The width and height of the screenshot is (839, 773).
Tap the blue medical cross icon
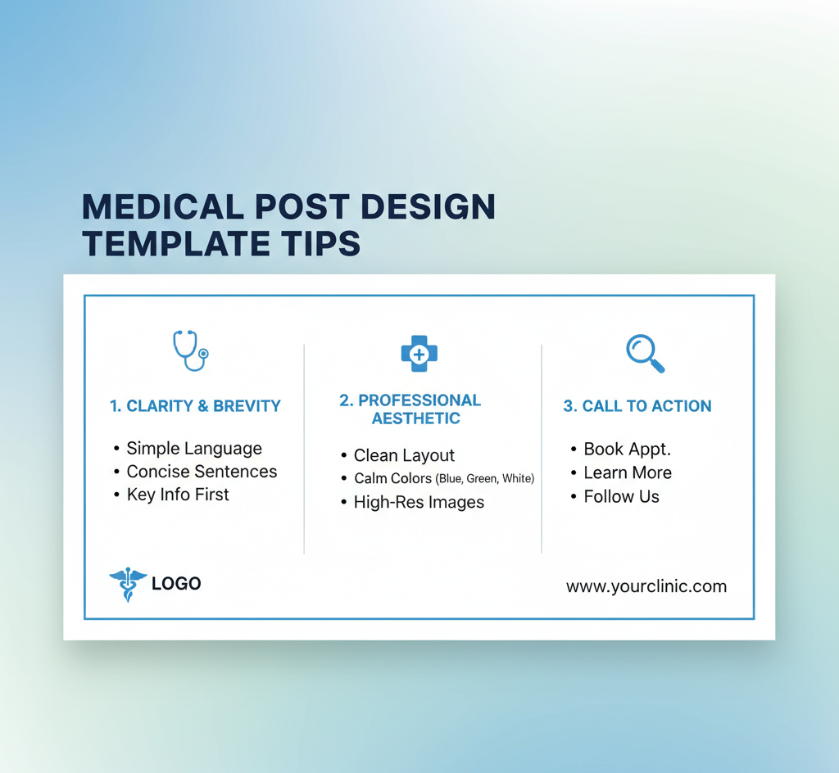point(419,354)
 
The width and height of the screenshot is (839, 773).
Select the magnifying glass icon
point(646,354)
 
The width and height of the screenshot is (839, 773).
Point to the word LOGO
point(176,583)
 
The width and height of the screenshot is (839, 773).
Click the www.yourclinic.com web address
point(646,586)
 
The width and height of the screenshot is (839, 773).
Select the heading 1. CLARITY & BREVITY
point(195,406)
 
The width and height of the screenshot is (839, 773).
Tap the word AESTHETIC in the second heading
point(415,418)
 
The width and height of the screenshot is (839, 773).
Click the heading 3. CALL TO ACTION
point(637,406)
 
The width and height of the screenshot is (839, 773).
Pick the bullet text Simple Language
point(194,449)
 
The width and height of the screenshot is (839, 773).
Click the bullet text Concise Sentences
point(202,472)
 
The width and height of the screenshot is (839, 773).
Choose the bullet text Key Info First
point(178,495)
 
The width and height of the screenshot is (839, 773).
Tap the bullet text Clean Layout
point(404,455)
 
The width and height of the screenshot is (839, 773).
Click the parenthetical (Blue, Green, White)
point(485,478)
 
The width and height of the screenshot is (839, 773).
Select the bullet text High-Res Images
point(419,503)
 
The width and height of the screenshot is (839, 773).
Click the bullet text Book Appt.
point(627,449)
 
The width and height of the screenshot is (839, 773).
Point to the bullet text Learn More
point(628,472)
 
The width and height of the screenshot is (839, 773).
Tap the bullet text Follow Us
point(621,496)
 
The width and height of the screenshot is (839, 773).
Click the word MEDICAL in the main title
point(163,207)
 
